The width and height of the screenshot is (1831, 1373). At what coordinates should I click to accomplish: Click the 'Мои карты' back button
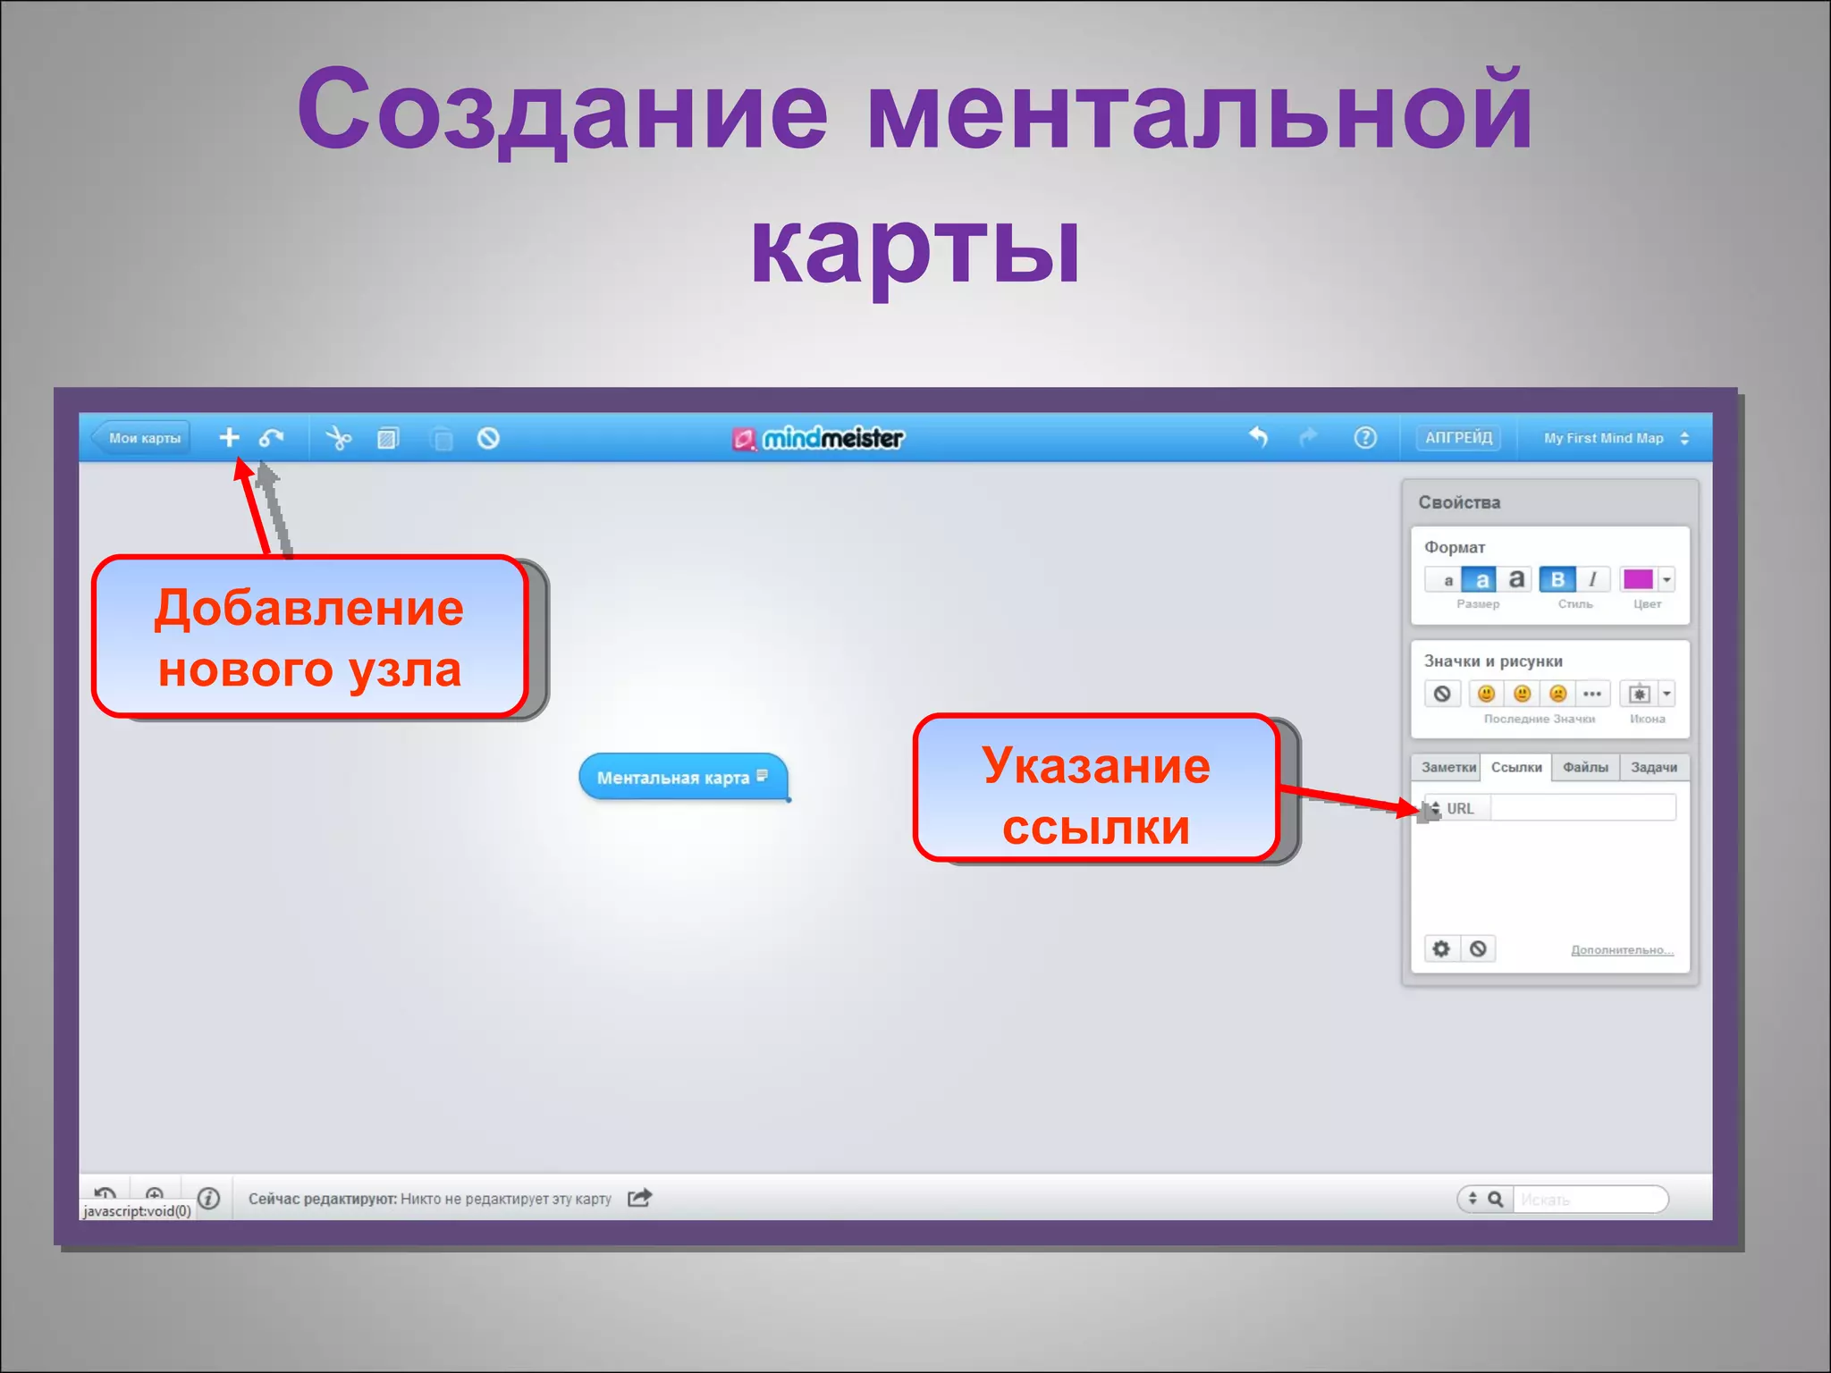point(143,438)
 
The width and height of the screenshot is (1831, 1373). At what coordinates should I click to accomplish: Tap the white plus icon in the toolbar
point(229,437)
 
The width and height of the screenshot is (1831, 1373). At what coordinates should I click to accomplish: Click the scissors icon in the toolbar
point(339,438)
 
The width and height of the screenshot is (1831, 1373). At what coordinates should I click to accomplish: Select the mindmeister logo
point(819,438)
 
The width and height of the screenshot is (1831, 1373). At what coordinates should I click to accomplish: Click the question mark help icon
point(1364,438)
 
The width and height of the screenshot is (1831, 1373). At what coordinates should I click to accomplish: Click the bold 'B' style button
point(1557,579)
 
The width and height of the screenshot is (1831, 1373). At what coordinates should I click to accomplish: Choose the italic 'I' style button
point(1592,579)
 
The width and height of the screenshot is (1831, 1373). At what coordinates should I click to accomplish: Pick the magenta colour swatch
point(1637,579)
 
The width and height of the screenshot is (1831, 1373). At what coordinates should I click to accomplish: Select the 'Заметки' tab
point(1447,768)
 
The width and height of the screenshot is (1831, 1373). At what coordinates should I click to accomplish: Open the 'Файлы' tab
point(1585,768)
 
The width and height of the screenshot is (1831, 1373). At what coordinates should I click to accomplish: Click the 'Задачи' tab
point(1653,768)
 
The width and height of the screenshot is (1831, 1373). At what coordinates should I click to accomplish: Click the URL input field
point(1582,808)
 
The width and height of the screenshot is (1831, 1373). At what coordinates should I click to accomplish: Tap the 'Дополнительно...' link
point(1622,949)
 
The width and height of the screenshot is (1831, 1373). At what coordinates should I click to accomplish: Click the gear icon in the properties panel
point(1441,948)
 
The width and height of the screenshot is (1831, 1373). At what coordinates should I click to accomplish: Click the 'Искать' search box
point(1588,1199)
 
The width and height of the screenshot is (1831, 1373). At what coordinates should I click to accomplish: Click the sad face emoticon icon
point(1557,694)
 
